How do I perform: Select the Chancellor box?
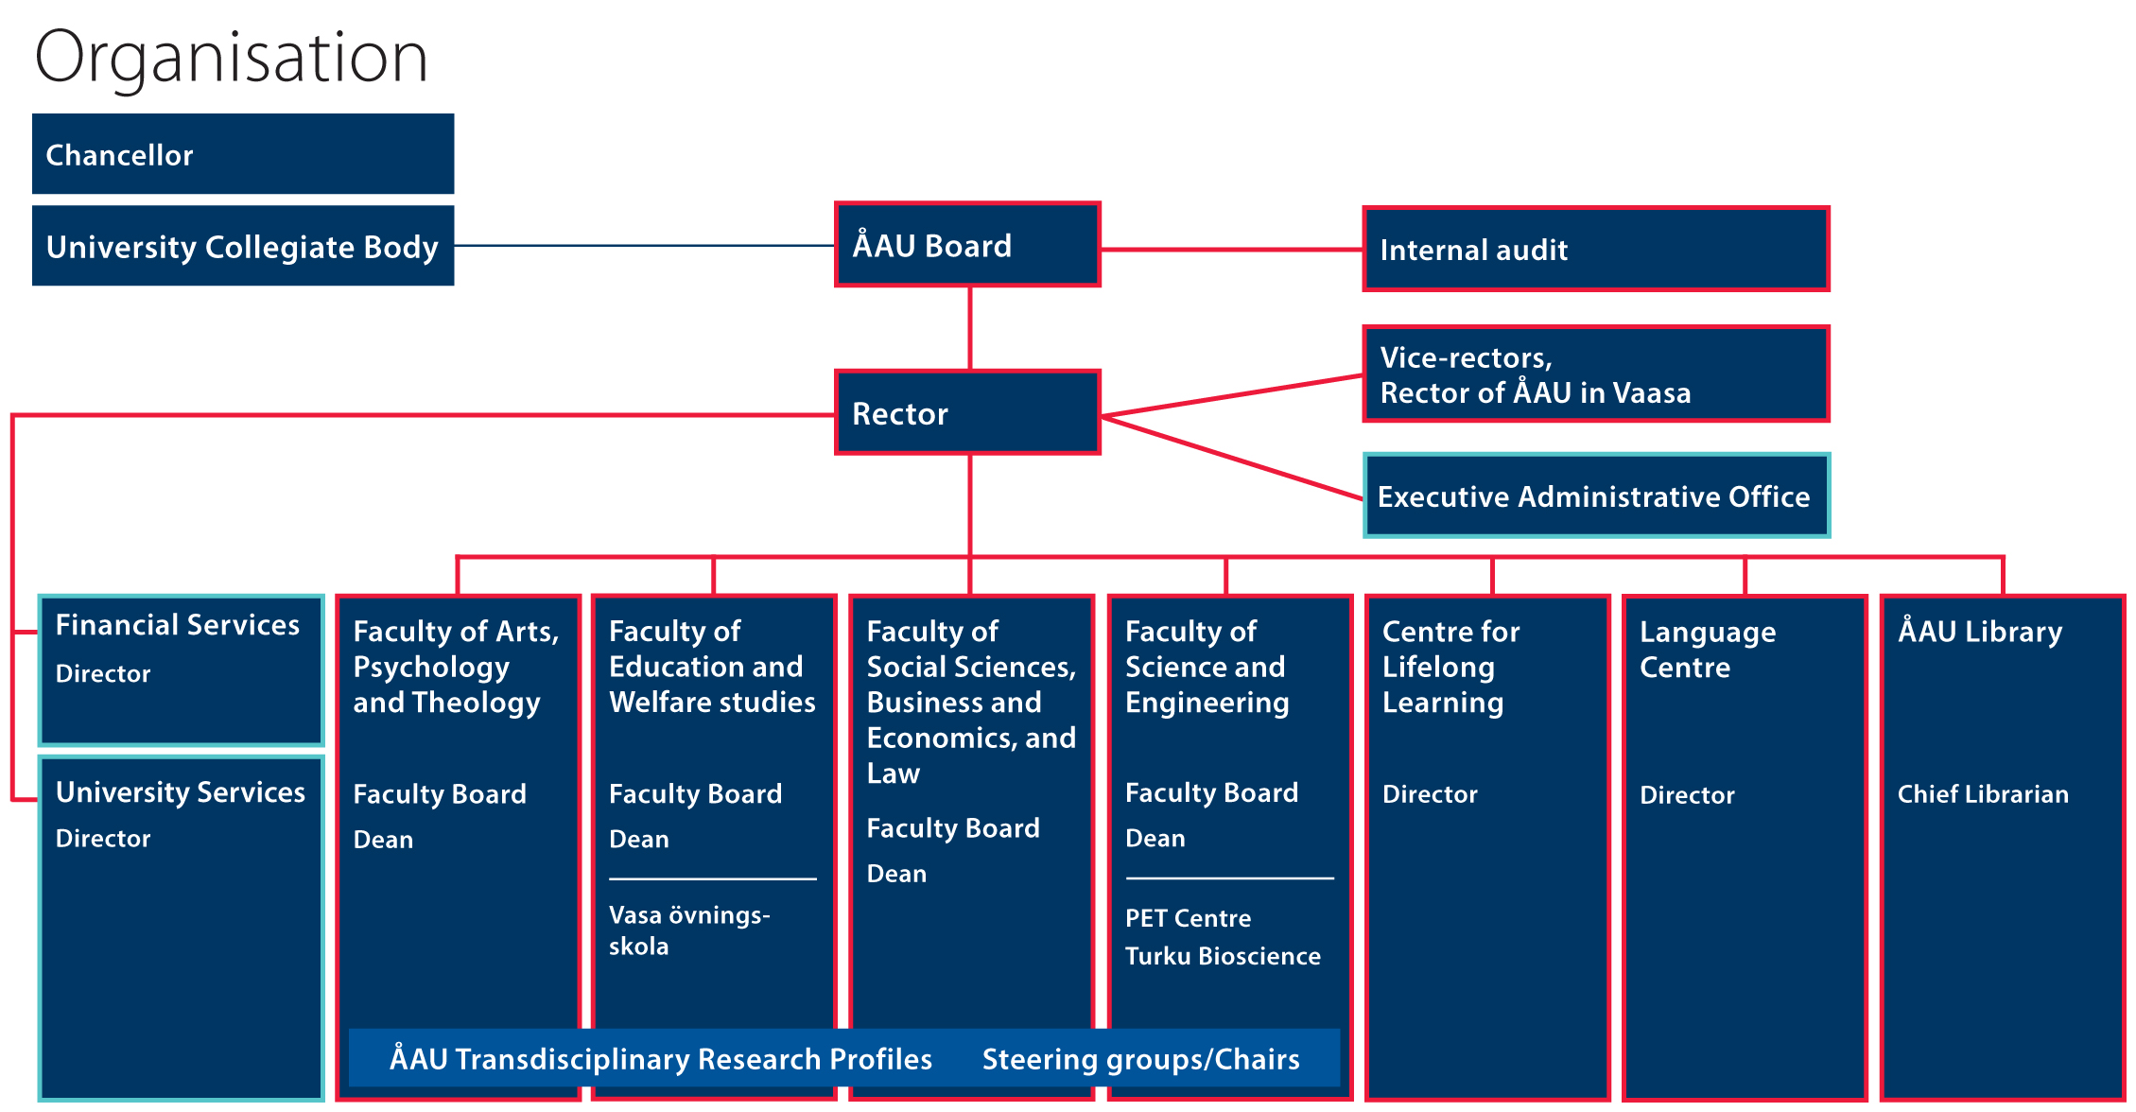[242, 154]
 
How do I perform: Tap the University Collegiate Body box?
[242, 247]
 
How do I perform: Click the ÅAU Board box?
[967, 245]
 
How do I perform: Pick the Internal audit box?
[1595, 250]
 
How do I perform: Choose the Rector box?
[967, 413]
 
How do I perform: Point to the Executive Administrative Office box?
[1595, 496]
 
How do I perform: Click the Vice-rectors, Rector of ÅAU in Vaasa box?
[1595, 374]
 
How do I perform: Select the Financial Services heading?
[178, 625]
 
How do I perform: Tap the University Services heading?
[181, 792]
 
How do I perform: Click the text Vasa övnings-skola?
[688, 930]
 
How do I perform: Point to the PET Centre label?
[1188, 918]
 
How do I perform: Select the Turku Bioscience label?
[1223, 956]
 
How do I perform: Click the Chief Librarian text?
[1983, 794]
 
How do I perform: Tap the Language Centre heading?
[1708, 650]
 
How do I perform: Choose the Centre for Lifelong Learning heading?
[1450, 667]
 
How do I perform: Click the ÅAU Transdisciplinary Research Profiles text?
[661, 1059]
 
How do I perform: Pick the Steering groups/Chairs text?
[1140, 1059]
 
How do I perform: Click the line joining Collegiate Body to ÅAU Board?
[643, 246]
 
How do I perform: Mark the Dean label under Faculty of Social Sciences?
[896, 874]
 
